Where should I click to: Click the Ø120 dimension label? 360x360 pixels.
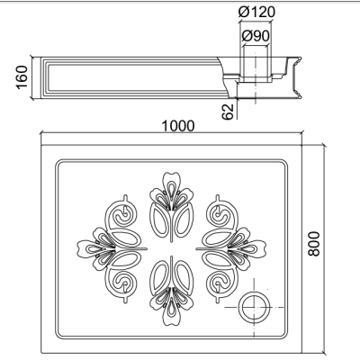(256, 13)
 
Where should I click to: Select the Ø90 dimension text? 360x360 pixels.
(256, 36)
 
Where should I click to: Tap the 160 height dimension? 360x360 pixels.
(22, 77)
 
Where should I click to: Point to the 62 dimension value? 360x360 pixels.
(228, 112)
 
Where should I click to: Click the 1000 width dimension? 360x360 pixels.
(178, 126)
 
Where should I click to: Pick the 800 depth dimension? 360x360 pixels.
(314, 244)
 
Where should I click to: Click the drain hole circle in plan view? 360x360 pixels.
(254, 307)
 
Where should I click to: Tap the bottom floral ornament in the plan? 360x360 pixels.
(171, 292)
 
